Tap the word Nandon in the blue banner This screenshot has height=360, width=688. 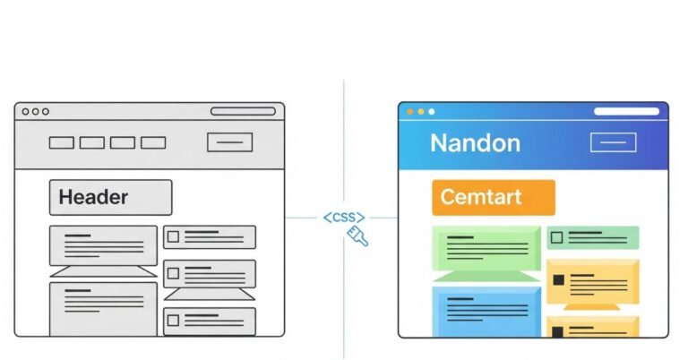475,142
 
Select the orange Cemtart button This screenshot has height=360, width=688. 493,198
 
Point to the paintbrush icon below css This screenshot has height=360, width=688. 360,236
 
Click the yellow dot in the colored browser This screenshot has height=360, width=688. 421,112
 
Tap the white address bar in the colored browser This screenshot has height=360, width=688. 626,112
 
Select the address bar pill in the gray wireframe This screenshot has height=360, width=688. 243,112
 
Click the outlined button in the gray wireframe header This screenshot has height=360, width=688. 229,142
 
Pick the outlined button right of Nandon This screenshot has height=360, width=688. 613,142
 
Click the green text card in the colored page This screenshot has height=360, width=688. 486,246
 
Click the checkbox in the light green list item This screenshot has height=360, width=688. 557,237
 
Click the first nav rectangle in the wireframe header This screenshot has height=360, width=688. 61,142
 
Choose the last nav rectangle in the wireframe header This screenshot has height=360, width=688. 153,142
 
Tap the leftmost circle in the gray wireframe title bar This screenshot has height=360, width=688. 25,112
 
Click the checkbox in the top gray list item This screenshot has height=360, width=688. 174,237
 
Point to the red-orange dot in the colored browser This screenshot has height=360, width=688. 411,112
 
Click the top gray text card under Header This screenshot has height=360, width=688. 103,246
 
